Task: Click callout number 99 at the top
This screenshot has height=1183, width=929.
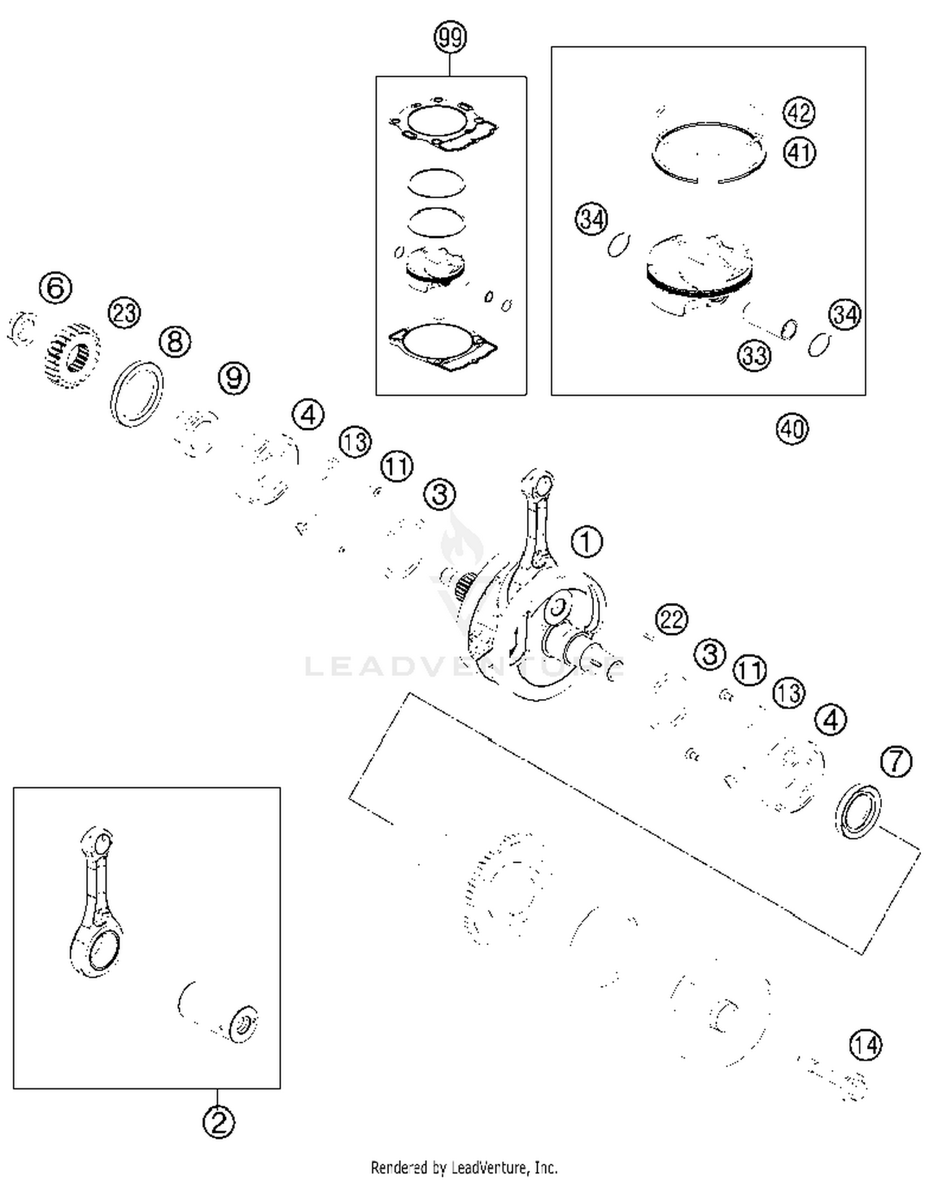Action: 450,38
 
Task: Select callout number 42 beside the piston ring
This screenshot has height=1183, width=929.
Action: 798,113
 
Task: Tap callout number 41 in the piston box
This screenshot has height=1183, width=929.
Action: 799,152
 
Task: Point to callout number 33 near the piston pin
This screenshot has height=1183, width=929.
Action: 754,356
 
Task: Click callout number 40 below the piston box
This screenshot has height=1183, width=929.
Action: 792,429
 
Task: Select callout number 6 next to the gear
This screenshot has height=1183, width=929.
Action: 55,288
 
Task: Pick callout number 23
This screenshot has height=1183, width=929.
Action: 124,313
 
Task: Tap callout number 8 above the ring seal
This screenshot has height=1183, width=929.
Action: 175,342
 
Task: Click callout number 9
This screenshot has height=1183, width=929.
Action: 234,378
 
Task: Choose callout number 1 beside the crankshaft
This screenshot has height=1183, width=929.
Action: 586,542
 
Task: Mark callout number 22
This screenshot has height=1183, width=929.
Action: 671,619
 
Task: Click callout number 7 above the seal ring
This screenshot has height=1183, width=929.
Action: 896,762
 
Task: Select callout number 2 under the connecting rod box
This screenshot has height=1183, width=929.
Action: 219,1122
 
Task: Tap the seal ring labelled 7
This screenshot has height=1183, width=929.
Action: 858,812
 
